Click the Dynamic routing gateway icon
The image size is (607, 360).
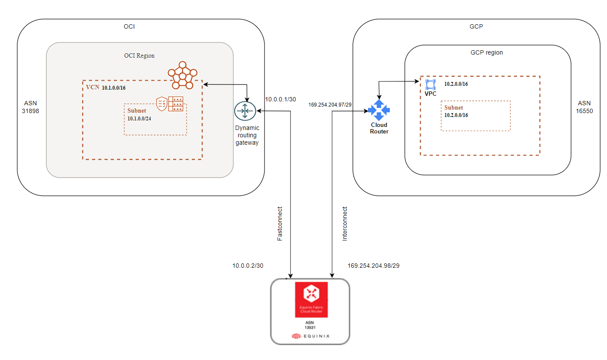pyautogui.click(x=245, y=111)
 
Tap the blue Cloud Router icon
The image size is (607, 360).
pyautogui.click(x=379, y=110)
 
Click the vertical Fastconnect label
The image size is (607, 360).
pyautogui.click(x=280, y=224)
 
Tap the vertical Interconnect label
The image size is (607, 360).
pyautogui.click(x=345, y=224)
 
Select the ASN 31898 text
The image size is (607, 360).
pyautogui.click(x=30, y=107)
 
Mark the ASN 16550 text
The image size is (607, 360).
pyautogui.click(x=585, y=107)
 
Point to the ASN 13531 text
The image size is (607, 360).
pyautogui.click(x=310, y=325)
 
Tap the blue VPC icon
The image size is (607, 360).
pyautogui.click(x=430, y=84)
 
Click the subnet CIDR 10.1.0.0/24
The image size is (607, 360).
pyautogui.click(x=139, y=118)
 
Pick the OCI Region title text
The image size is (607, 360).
pyautogui.click(x=139, y=55)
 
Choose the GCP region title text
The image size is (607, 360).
pyautogui.click(x=487, y=52)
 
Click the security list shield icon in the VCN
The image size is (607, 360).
pyautogui.click(x=161, y=103)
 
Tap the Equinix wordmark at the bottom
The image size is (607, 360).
pyautogui.click(x=310, y=336)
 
